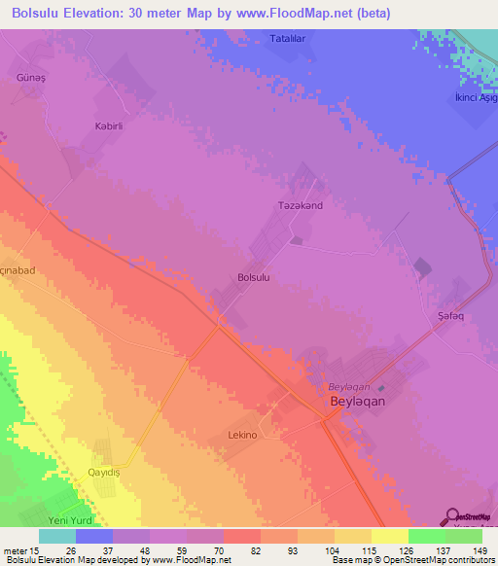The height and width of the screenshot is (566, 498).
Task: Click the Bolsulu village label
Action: point(253,277)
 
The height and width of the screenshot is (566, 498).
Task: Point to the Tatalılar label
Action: point(289,39)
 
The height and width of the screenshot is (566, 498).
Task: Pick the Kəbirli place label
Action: point(81,126)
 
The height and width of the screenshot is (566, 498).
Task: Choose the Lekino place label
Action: point(241,435)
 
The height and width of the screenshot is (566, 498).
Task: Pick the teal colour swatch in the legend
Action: point(57,536)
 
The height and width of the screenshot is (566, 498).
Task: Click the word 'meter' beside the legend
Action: point(17,549)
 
